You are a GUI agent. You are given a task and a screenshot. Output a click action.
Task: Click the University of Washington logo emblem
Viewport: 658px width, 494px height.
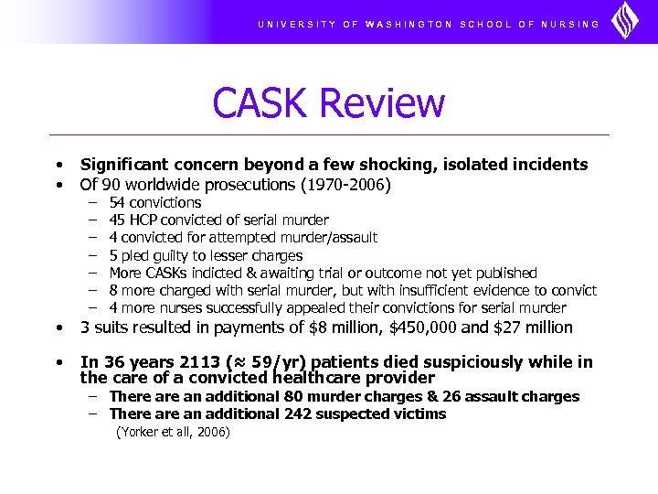point(625,21)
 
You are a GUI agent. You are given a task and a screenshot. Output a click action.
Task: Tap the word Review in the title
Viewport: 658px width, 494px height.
point(386,102)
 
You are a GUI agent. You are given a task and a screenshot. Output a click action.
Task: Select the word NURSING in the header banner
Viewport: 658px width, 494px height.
point(570,24)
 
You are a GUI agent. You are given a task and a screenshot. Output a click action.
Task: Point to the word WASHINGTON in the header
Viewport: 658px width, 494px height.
point(409,24)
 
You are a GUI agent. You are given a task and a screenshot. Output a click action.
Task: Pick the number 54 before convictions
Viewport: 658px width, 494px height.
point(117,202)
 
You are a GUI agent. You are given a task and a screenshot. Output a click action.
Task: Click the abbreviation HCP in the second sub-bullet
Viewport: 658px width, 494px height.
point(143,220)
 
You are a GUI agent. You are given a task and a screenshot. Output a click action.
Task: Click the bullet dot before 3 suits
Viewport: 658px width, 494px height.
point(58,328)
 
